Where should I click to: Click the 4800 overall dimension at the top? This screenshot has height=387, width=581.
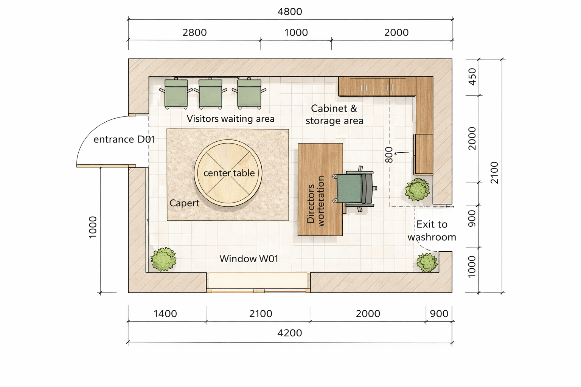(x=290, y=12)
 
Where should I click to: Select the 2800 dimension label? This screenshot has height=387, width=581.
(x=194, y=33)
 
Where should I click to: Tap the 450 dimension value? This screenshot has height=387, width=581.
(x=472, y=77)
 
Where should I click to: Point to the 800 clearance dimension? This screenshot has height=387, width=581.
(x=389, y=155)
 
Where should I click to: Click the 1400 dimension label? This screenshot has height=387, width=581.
(x=165, y=314)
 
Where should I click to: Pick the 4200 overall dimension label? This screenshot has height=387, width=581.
(x=290, y=333)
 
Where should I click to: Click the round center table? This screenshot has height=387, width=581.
(x=228, y=173)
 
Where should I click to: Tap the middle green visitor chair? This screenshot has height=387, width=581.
(x=210, y=93)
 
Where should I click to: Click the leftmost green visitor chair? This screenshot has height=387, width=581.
(x=176, y=93)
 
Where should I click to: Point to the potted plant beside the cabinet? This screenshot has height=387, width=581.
(x=417, y=189)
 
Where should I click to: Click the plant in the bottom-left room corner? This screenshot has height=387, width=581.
(x=163, y=259)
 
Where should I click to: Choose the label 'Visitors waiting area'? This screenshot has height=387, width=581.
(x=231, y=119)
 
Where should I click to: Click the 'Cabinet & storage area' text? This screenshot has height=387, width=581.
(x=334, y=115)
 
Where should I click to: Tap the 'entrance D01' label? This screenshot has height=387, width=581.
(x=124, y=139)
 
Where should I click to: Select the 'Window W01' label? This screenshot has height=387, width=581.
(x=249, y=259)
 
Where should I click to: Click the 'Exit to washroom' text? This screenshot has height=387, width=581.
(x=432, y=231)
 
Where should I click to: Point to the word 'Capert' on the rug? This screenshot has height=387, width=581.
(x=185, y=203)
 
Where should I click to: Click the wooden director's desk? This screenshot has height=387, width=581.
(x=320, y=189)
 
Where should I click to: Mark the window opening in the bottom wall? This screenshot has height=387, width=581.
(x=258, y=282)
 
